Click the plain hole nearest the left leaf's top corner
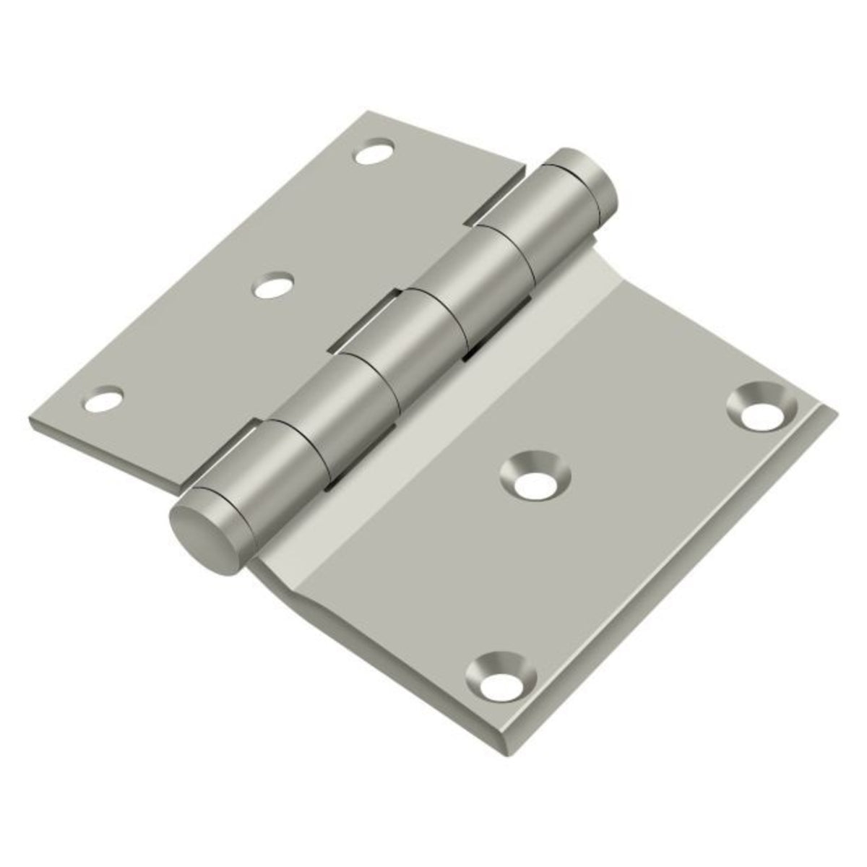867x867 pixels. (374, 152)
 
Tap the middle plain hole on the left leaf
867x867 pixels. (272, 287)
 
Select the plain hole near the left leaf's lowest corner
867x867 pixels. (103, 399)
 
